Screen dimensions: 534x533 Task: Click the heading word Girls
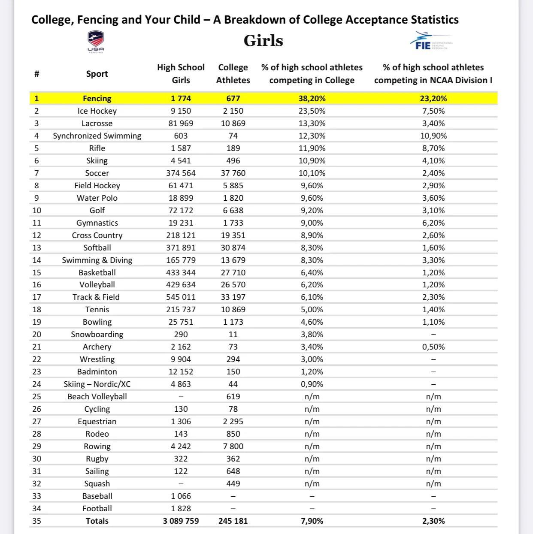click(263, 41)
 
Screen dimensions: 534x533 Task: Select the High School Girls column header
click(181, 74)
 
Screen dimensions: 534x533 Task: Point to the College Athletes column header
click(233, 74)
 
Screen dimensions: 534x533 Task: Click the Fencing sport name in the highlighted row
click(97, 98)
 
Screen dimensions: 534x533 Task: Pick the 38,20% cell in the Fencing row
click(312, 98)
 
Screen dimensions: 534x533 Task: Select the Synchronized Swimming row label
click(97, 136)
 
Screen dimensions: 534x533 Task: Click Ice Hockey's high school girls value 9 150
click(181, 111)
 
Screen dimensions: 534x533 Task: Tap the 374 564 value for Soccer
click(181, 173)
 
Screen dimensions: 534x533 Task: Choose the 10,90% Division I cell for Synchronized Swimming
click(433, 136)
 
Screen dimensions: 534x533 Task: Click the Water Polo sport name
click(97, 198)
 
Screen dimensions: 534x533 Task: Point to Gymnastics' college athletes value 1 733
click(233, 223)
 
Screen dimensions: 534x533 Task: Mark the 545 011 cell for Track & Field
click(181, 297)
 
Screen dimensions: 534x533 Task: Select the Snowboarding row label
click(97, 334)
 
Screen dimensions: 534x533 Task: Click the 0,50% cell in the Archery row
click(433, 347)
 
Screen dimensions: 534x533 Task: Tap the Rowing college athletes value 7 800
click(233, 446)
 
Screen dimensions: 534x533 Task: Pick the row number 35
click(37, 521)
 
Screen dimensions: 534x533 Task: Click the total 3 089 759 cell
click(181, 521)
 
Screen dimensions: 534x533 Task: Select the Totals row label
click(97, 521)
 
